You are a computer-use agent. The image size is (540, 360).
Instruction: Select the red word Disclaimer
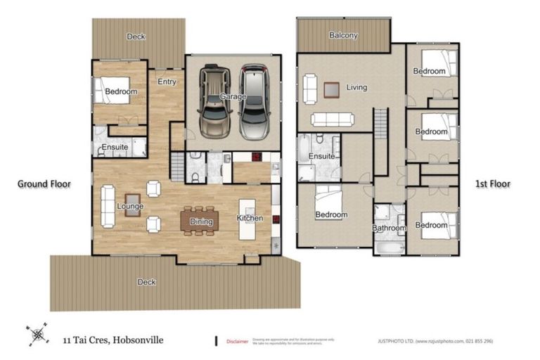(237, 342)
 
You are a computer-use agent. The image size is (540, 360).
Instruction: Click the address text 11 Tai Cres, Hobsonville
(112, 340)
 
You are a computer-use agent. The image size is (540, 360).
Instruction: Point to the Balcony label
(343, 35)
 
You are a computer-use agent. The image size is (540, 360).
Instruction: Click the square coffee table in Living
(332, 89)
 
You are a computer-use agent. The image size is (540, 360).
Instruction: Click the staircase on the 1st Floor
(380, 141)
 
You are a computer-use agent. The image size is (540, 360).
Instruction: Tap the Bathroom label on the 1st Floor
(389, 229)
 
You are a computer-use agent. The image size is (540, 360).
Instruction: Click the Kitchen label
(250, 218)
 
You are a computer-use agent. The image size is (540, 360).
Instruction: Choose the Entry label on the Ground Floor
(167, 82)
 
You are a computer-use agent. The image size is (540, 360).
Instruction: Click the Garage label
(233, 97)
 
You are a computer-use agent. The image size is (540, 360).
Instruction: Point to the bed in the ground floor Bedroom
(114, 91)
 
